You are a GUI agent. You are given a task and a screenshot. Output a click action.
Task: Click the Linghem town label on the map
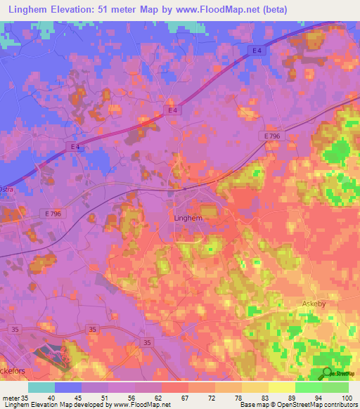tap(188, 219)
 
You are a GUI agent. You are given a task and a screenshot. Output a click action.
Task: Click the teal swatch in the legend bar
tap(41, 387)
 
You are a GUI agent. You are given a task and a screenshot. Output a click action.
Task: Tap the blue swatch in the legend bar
tap(68, 387)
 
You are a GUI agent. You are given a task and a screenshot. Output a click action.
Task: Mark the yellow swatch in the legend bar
tap(281, 387)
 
